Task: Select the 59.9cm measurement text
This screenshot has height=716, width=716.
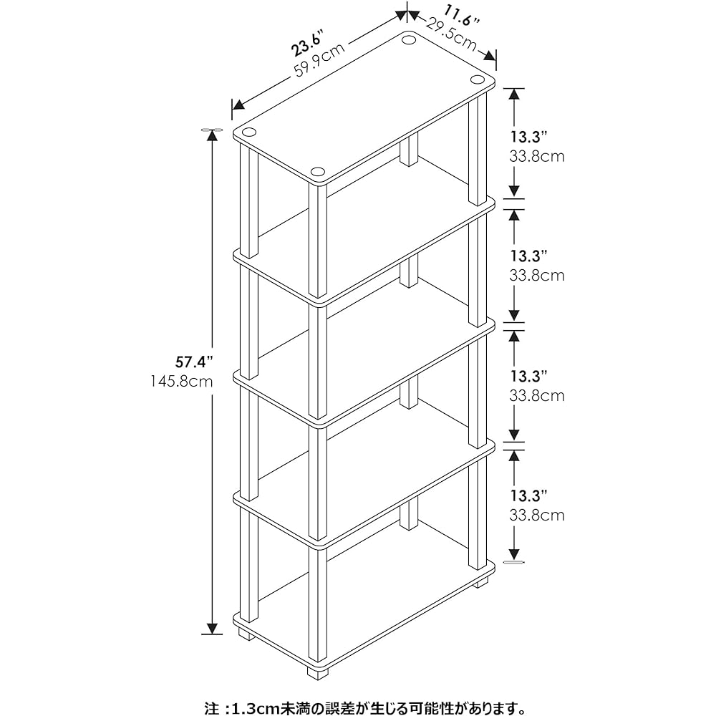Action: [319, 59]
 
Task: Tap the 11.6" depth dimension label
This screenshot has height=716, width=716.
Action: [462, 14]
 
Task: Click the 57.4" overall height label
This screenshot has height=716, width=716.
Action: [195, 362]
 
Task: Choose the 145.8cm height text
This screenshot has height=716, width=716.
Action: [182, 382]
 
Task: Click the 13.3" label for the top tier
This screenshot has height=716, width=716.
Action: [529, 137]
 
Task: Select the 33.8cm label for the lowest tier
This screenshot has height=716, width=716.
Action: [537, 515]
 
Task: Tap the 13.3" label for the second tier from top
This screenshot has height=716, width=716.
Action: [529, 256]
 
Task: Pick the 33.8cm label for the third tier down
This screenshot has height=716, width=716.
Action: [537, 395]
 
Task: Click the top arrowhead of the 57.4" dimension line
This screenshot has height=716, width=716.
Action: [212, 135]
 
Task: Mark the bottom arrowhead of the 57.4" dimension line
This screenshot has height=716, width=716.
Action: [212, 629]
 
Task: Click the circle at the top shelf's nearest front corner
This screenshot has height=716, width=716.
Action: [317, 172]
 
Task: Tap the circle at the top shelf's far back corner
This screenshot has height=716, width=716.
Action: [409, 39]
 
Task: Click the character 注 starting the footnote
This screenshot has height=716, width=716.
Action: [211, 707]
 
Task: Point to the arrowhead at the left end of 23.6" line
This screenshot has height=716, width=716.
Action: [238, 105]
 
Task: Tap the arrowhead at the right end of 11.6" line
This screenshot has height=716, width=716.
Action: [490, 56]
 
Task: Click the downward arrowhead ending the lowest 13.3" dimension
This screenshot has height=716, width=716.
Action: [514, 554]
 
